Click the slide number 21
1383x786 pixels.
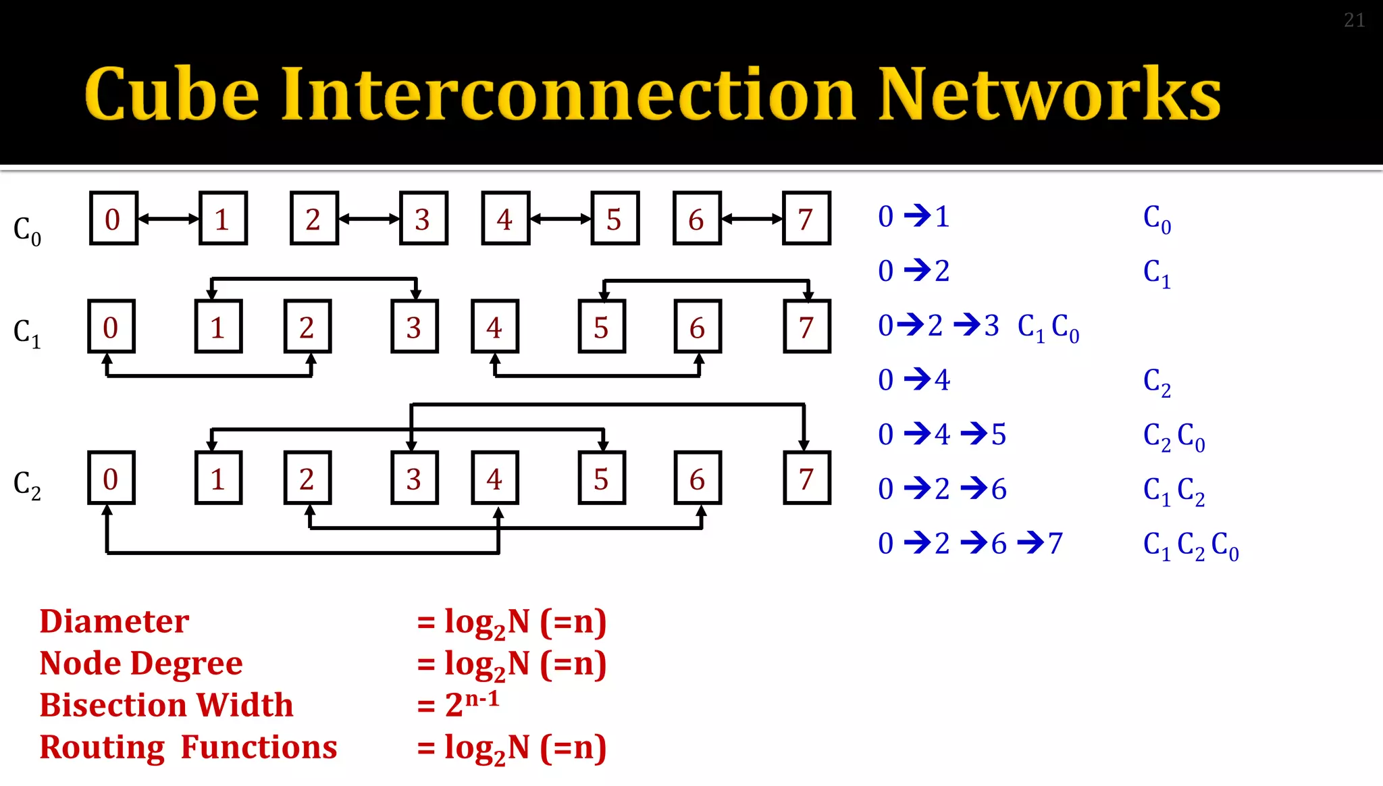point(1354,20)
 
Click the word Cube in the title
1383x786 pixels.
point(172,94)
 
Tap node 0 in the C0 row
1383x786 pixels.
point(113,218)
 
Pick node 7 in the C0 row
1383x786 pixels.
point(806,218)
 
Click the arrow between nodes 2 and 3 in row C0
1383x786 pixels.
point(369,218)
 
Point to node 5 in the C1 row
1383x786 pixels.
point(602,327)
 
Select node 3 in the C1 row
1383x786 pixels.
point(415,327)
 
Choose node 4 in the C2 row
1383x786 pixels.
point(494,478)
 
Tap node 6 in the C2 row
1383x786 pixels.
point(698,478)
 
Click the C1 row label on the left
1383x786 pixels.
point(27,333)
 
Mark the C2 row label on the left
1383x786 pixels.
point(27,485)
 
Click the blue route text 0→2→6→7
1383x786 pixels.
point(970,543)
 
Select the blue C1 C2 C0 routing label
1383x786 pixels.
point(1191,545)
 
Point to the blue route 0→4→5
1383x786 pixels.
point(942,434)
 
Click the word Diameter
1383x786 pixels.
point(114,621)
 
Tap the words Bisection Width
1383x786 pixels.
point(166,705)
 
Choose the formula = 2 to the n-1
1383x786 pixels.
point(459,704)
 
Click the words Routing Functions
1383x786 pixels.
point(188,747)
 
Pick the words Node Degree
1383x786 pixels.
point(140,663)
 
